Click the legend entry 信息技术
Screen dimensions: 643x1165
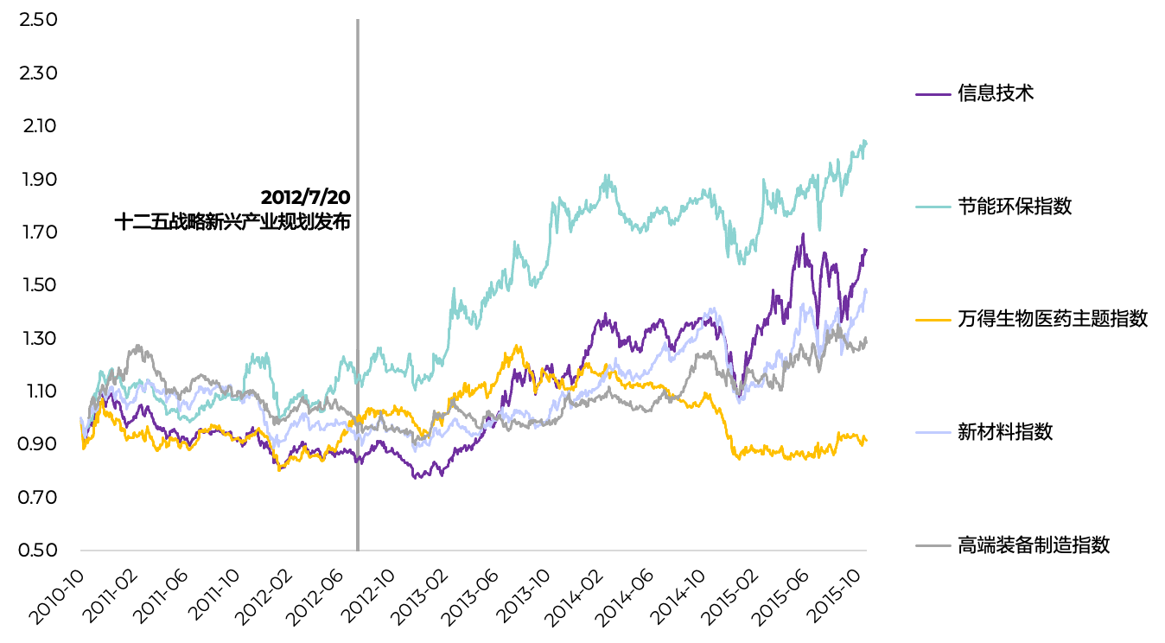tap(995, 93)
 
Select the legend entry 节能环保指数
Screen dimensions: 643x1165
tap(1014, 207)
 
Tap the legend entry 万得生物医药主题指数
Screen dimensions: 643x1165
tap(1052, 319)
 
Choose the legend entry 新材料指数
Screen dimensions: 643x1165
tap(1004, 432)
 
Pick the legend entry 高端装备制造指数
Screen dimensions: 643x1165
tap(1033, 545)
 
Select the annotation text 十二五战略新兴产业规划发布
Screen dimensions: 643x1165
tap(232, 221)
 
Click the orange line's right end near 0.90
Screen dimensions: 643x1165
tap(866, 442)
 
